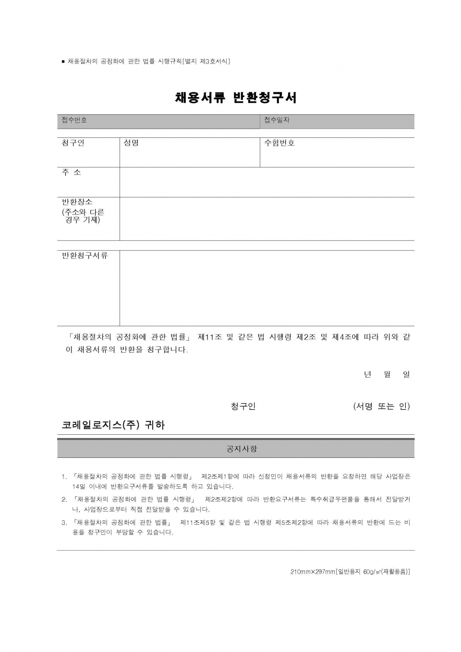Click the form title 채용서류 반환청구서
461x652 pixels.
(236, 98)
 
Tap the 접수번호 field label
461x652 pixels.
(74, 120)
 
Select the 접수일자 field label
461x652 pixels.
(277, 120)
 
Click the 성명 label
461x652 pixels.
(131, 143)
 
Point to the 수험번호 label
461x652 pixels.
(279, 143)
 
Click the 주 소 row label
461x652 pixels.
(72, 172)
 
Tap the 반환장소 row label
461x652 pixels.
(77, 202)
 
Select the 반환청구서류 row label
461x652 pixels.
(85, 256)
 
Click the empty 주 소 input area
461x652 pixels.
(267, 182)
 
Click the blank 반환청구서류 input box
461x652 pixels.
(267, 288)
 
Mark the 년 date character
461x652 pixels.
(367, 374)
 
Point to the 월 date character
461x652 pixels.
(387, 374)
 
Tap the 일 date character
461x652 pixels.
(406, 374)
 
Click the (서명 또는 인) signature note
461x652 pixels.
(381, 406)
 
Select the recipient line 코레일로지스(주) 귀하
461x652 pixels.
(113, 425)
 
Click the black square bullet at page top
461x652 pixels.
(63, 62)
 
